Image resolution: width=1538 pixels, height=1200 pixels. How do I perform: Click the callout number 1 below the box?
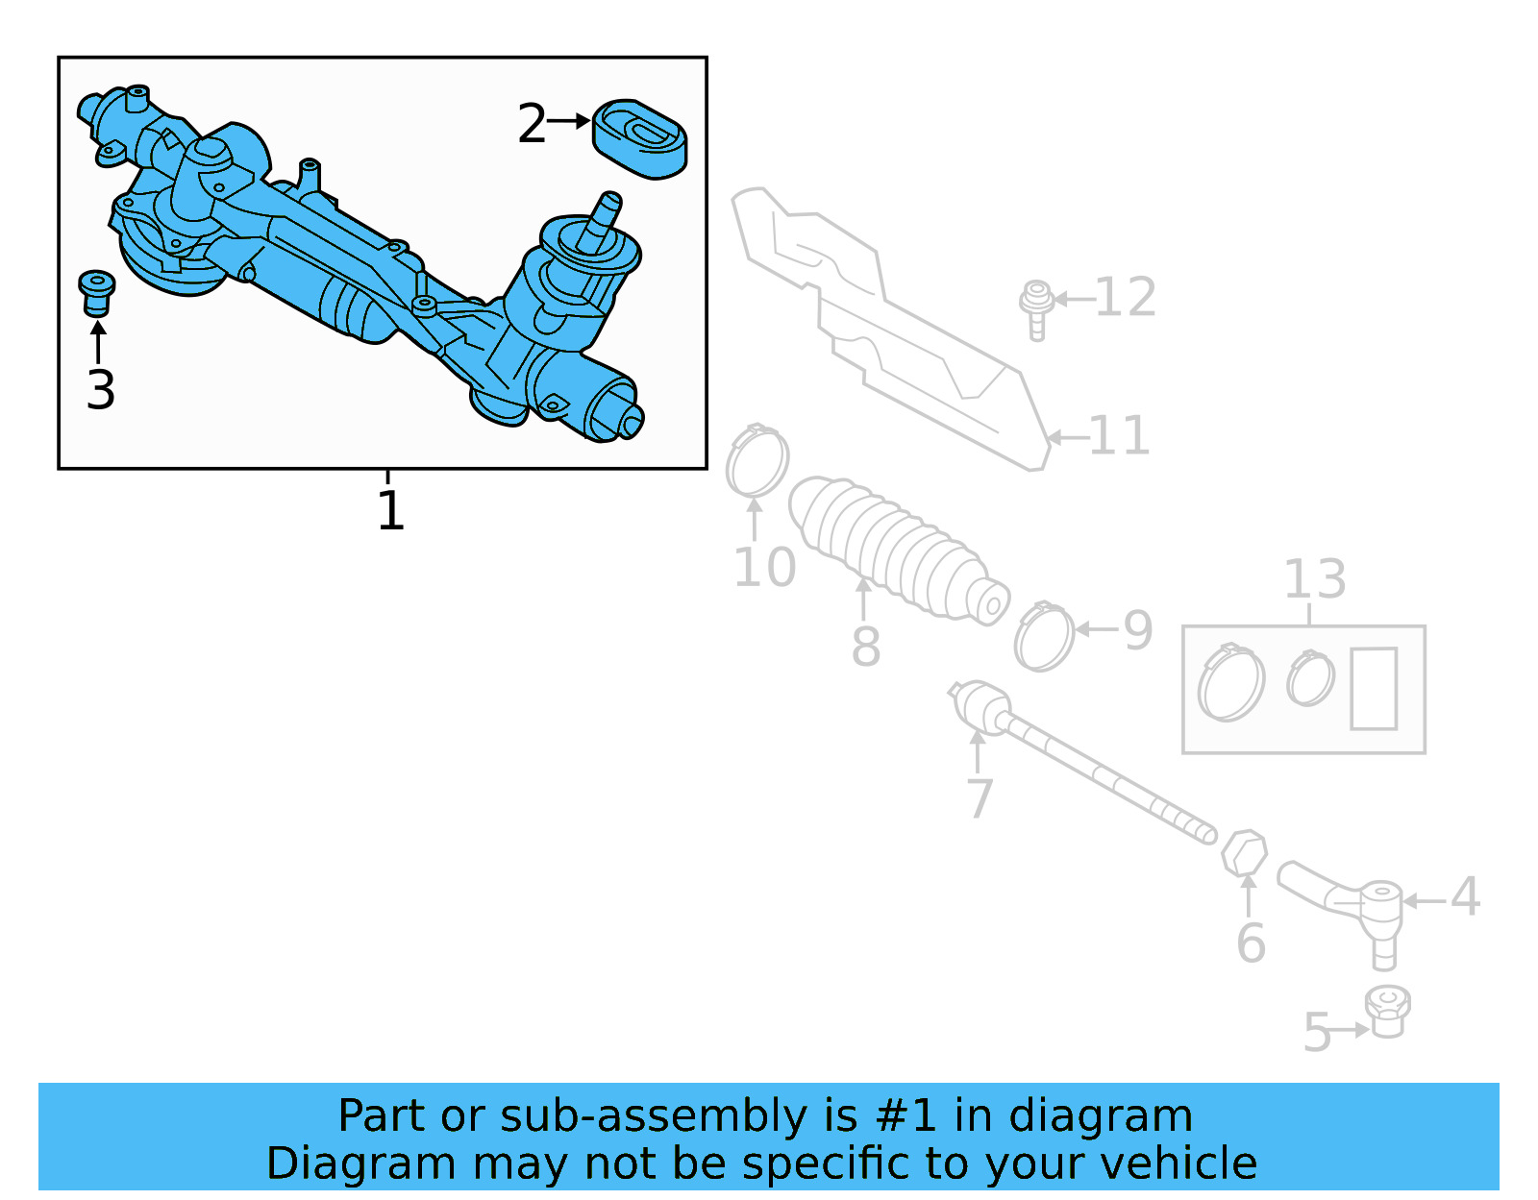[390, 510]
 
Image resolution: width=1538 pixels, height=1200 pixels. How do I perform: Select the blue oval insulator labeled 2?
[639, 139]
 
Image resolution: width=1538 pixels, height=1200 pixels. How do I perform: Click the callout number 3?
[100, 390]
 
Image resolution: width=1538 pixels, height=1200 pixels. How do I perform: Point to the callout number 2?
[532, 124]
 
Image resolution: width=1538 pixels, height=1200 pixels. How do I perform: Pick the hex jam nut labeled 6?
[1244, 852]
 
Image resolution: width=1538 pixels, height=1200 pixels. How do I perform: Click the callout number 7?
[979, 798]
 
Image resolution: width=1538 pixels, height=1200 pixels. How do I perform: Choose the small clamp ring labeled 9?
[1044, 638]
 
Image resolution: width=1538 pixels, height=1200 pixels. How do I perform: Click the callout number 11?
[1119, 436]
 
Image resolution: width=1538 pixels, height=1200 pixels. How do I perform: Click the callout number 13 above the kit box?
[1315, 579]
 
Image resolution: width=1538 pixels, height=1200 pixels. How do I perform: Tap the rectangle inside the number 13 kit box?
[1374, 688]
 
